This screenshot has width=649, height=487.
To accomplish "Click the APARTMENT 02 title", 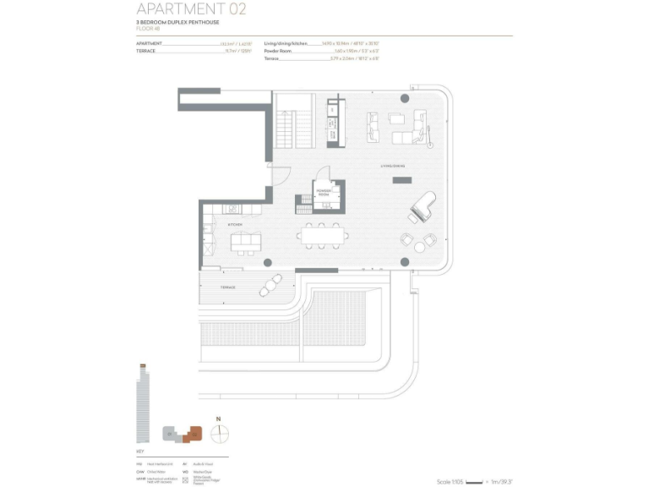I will coord(192,9).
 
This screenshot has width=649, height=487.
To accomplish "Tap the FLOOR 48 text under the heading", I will coord(148,28).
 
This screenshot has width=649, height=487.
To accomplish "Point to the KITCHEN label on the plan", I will coord(234,224).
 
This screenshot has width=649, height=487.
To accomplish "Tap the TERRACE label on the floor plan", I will coord(228,287).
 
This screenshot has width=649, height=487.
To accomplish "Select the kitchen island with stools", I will coord(246,243).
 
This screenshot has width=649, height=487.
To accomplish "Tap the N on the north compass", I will coord(218,419).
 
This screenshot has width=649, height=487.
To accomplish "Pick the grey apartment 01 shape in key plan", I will coord(172,435).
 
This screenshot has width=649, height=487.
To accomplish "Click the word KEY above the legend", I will coord(139,453).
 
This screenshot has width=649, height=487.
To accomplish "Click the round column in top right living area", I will coord(405,100).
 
